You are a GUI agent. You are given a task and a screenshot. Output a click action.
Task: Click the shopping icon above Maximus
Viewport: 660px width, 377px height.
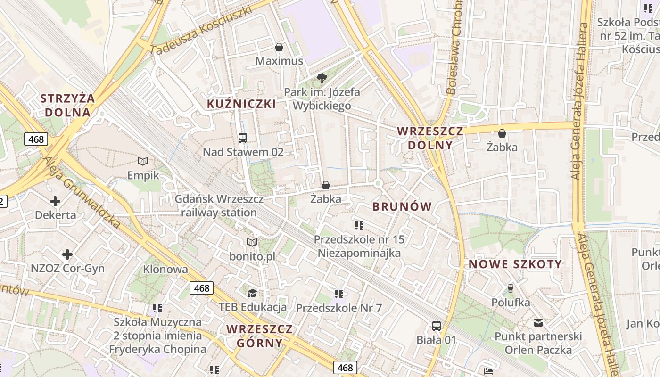pos(279,47)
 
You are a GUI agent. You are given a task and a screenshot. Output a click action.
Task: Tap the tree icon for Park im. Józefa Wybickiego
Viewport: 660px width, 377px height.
pos(322,78)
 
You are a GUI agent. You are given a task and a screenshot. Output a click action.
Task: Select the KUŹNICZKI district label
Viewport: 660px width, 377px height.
pos(241,104)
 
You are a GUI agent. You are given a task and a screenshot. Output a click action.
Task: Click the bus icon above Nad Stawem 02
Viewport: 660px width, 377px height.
pos(243,138)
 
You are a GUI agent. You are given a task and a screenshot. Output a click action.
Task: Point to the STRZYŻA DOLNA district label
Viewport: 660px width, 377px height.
pos(67,105)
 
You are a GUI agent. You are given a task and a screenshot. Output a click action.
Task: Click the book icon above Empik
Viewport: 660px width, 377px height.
pos(143,162)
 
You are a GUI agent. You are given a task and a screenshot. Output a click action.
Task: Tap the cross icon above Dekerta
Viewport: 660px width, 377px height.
pos(55,201)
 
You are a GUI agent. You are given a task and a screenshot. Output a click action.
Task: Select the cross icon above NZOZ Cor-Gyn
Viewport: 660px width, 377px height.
pos(67,254)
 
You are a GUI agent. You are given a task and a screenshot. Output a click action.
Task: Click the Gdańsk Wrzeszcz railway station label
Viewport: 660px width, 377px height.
pos(219,205)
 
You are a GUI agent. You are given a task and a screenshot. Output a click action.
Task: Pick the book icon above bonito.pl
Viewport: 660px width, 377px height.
pos(252,242)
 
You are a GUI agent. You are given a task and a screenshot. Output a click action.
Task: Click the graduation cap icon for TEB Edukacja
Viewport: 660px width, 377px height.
pos(252,293)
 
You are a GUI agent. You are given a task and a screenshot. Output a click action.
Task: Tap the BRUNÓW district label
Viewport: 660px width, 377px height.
pos(402,206)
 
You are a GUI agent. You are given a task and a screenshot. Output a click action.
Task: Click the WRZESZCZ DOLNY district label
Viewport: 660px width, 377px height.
pos(430,138)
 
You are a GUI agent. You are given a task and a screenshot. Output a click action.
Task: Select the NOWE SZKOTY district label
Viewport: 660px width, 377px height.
pos(515,264)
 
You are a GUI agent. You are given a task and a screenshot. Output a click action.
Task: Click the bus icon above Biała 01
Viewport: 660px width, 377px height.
pos(437,326)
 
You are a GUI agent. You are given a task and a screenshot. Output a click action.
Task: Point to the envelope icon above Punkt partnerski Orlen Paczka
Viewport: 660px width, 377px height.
pos(538,323)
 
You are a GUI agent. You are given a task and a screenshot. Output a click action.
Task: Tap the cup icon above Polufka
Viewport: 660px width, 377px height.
pos(510,288)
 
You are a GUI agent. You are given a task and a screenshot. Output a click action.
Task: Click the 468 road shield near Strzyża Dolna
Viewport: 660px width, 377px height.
pos(36,139)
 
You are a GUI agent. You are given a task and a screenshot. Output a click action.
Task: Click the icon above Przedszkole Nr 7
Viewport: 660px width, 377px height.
pos(338,294)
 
